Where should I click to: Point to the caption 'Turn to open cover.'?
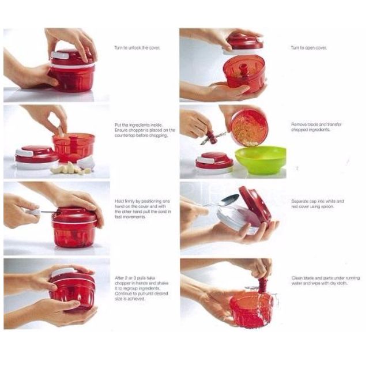[x=308, y=48]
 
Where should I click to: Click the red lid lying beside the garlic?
[x=36, y=156]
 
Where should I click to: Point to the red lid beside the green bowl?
[x=214, y=162]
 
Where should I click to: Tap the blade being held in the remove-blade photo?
[x=212, y=138]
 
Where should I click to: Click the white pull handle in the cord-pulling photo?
[x=35, y=212]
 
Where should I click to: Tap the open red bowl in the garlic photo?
[x=73, y=147]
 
